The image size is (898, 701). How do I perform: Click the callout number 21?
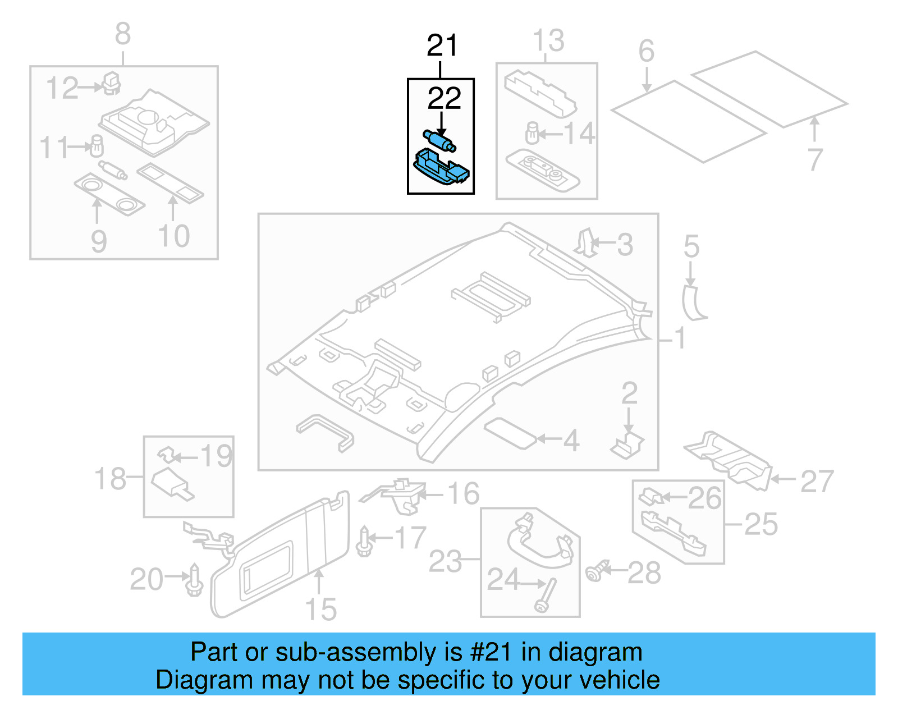(442, 45)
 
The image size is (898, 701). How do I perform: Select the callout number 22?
(444, 99)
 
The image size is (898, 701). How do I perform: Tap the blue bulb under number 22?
(439, 140)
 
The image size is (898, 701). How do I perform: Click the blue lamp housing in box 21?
(442, 168)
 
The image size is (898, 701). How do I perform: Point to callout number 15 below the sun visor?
(320, 609)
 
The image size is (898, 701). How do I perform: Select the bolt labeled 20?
(194, 581)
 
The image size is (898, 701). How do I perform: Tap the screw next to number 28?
(596, 572)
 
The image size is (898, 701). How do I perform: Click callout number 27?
(817, 482)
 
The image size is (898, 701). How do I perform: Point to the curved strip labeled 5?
(694, 303)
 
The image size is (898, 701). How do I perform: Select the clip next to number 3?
(585, 243)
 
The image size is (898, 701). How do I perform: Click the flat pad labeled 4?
(510, 433)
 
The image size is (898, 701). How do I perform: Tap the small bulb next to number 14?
(532, 134)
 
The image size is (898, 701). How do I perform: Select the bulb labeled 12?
(112, 83)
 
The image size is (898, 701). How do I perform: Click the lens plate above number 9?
(109, 194)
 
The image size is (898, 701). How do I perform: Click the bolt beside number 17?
(364, 541)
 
